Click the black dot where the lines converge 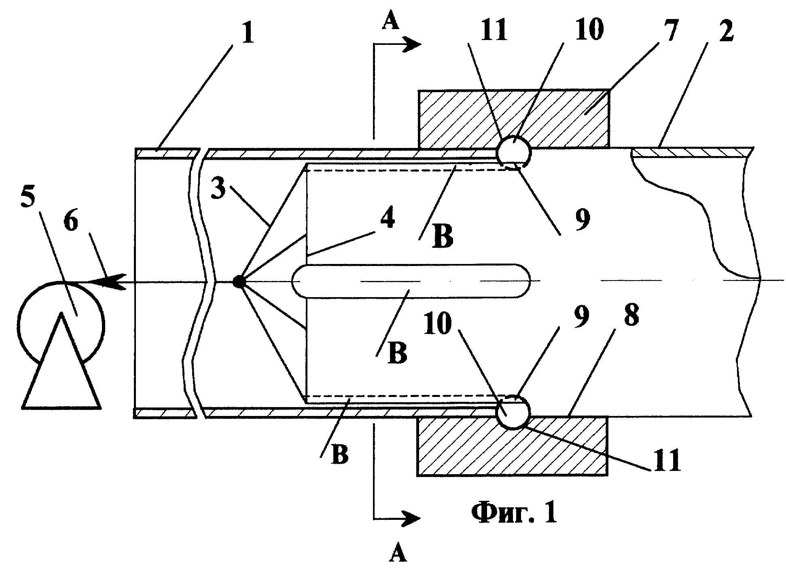[239, 282]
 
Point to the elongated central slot [411, 281]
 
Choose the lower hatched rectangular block [512, 446]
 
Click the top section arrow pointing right [398, 44]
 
